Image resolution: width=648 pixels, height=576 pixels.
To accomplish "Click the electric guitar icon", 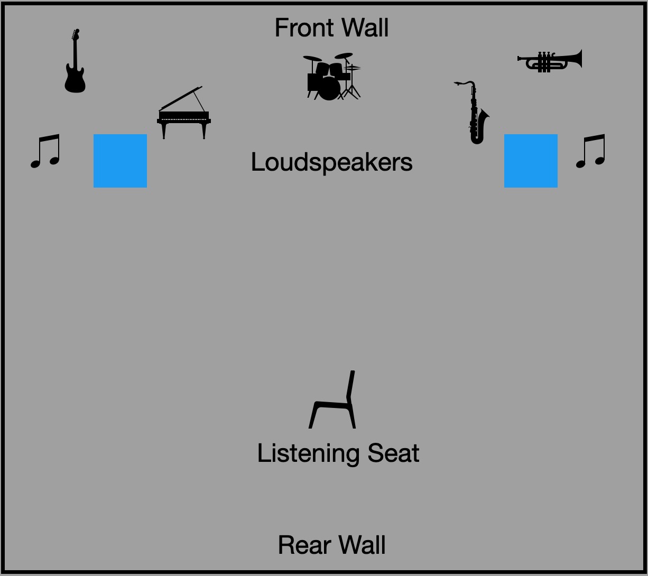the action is click(75, 64).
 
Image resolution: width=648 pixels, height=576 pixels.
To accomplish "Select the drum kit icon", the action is click(332, 77).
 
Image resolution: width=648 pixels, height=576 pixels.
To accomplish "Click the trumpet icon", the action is click(550, 61).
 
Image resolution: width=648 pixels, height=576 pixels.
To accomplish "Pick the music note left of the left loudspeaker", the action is click(45, 151).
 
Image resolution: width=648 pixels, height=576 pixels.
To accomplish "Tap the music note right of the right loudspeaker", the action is click(590, 151).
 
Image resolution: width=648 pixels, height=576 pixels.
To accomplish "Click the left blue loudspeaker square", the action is click(121, 161).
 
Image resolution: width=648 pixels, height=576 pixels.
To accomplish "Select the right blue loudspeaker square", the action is click(531, 161).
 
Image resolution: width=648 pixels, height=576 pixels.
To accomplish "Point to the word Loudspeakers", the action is click(332, 162).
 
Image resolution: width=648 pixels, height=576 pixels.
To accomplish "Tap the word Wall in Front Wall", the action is click(361, 28).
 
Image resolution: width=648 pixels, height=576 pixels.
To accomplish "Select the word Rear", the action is click(304, 545).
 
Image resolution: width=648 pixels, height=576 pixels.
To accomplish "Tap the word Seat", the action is click(393, 453).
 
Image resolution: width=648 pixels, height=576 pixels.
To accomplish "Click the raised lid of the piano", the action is click(181, 98).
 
